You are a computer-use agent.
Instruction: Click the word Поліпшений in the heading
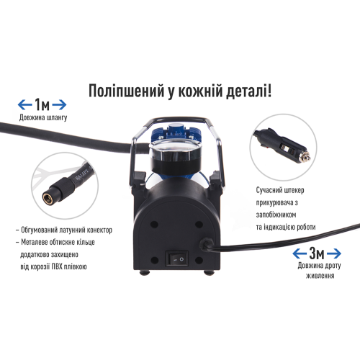click(123, 91)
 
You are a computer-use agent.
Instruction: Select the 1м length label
click(41, 104)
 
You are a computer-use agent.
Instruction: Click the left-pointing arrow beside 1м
click(23, 104)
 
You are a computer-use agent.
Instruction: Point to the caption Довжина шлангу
click(42, 117)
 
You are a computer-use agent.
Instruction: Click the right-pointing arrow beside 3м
click(337, 253)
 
